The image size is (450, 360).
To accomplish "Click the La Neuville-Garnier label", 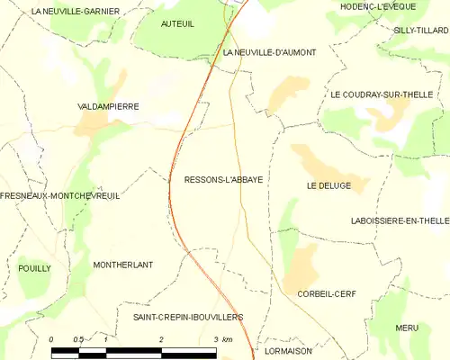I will tap(76, 11).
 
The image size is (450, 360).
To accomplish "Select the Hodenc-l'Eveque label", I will tap(376, 6).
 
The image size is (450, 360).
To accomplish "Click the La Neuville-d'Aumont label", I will tap(269, 53).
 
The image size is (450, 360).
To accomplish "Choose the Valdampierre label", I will tap(108, 106).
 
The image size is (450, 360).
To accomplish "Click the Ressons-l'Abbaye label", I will tap(223, 179).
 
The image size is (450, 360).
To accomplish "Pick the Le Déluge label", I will tap(328, 186).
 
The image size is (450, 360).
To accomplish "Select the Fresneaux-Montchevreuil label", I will tap(60, 195).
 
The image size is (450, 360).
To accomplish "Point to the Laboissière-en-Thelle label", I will tap(400, 220).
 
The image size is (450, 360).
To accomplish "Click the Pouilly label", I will tap(34, 268).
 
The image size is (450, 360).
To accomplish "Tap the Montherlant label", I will tap(123, 265).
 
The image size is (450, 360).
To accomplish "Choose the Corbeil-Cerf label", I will tap(331, 293).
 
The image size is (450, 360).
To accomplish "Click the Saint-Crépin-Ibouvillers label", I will tap(188, 317).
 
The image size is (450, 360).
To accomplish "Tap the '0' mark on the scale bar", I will tap(51, 339).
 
